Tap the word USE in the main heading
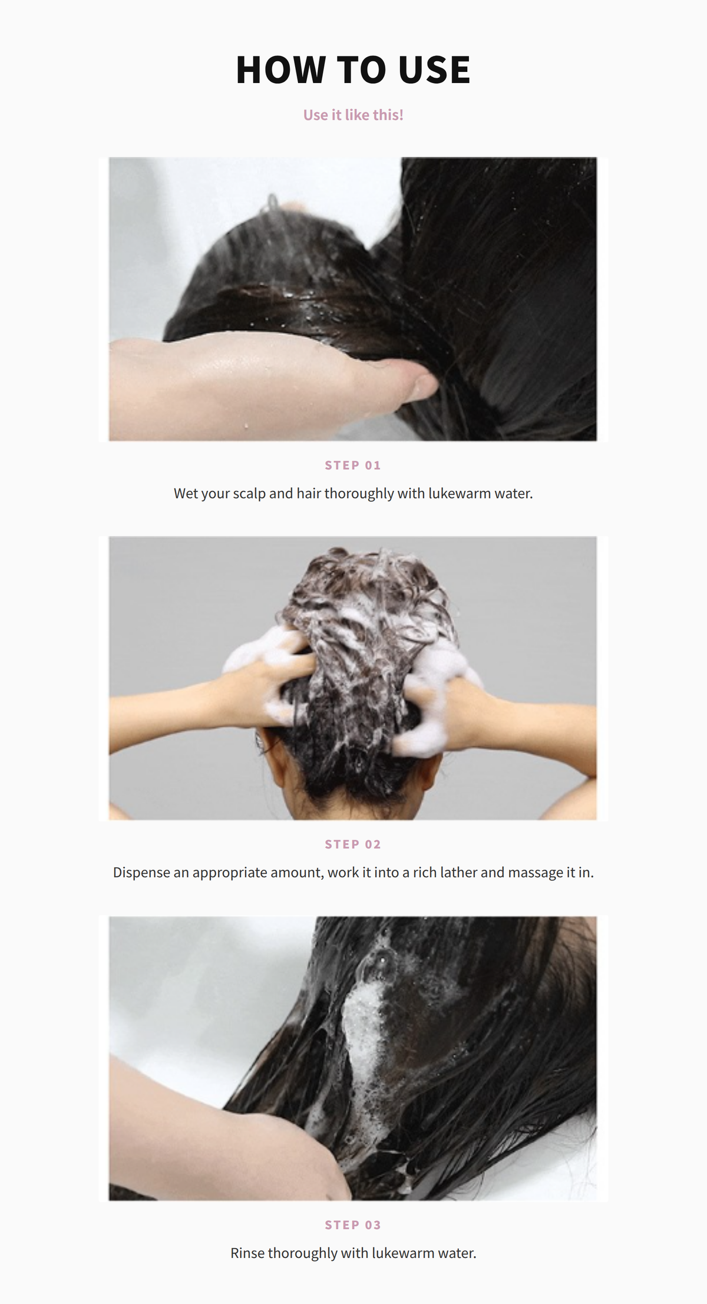coord(434,70)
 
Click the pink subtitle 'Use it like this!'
coord(353,115)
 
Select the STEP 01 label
coord(353,466)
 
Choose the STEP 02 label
coord(353,844)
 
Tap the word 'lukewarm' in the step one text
coord(460,493)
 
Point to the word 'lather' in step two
coord(458,872)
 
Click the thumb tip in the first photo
coord(425,387)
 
